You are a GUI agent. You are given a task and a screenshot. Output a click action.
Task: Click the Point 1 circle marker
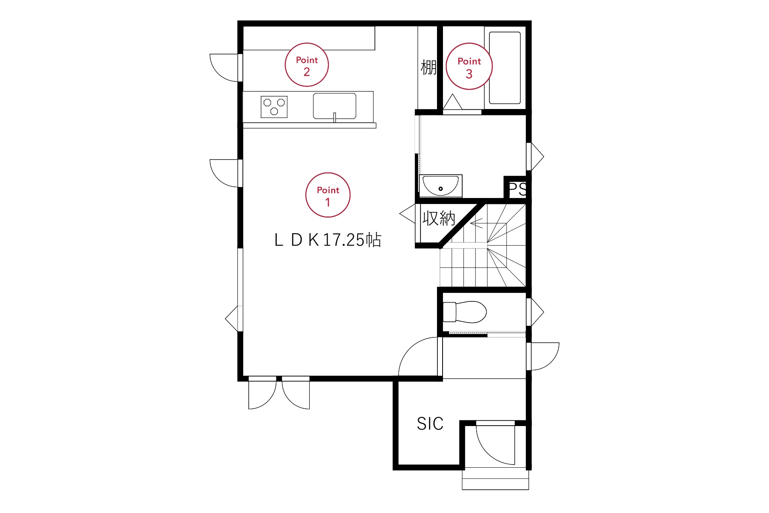[x=328, y=195]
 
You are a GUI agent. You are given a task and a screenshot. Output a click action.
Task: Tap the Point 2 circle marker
[x=307, y=65]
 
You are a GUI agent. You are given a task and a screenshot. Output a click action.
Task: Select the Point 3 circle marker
[x=469, y=66]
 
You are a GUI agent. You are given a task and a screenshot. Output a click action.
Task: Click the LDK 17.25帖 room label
[x=328, y=240]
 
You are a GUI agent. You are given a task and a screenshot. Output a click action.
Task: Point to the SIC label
[x=430, y=424]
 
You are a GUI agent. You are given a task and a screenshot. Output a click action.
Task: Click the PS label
[x=517, y=189]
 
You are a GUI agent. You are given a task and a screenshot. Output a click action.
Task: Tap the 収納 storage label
[x=439, y=218]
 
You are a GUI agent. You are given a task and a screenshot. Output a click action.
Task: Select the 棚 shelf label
[x=428, y=67]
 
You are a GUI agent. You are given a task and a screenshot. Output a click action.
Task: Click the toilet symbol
[x=465, y=312]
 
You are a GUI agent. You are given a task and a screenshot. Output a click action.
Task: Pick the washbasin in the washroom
[x=441, y=186]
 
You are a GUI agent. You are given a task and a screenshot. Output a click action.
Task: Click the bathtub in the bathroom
[x=505, y=68]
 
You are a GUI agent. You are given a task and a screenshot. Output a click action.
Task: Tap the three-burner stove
[x=274, y=107]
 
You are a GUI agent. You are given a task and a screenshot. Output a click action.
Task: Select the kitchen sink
[x=334, y=106]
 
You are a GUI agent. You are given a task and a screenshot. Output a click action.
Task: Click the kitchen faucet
[x=334, y=117]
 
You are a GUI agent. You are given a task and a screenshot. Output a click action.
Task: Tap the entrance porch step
[x=495, y=479]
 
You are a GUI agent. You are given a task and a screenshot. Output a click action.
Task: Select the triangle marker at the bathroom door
[x=453, y=102]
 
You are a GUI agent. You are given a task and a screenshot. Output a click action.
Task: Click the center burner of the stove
[x=274, y=111]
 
